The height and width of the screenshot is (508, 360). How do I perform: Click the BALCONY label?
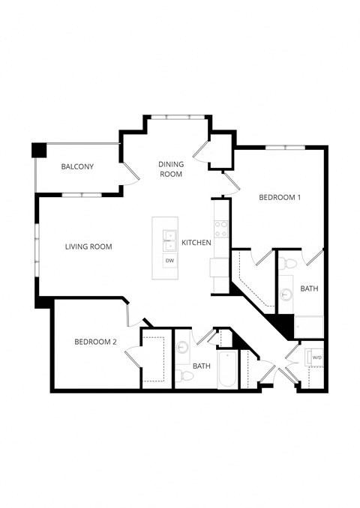point(77,166)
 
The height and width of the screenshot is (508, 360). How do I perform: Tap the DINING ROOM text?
point(171,169)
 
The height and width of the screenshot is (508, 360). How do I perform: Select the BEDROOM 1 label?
point(279,198)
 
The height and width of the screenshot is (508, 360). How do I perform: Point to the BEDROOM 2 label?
point(95,342)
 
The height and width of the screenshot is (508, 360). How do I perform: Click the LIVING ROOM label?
point(88,247)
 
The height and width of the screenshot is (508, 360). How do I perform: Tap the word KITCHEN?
point(196,243)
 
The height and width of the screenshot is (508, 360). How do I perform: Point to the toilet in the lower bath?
point(181,375)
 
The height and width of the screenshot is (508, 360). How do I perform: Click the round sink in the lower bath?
point(181,347)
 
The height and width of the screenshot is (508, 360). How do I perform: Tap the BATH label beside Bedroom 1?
point(309,288)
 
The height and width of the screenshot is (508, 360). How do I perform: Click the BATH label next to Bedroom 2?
point(201,366)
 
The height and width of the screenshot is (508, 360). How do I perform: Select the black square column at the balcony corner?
point(38,149)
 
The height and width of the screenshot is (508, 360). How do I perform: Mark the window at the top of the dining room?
point(178,117)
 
